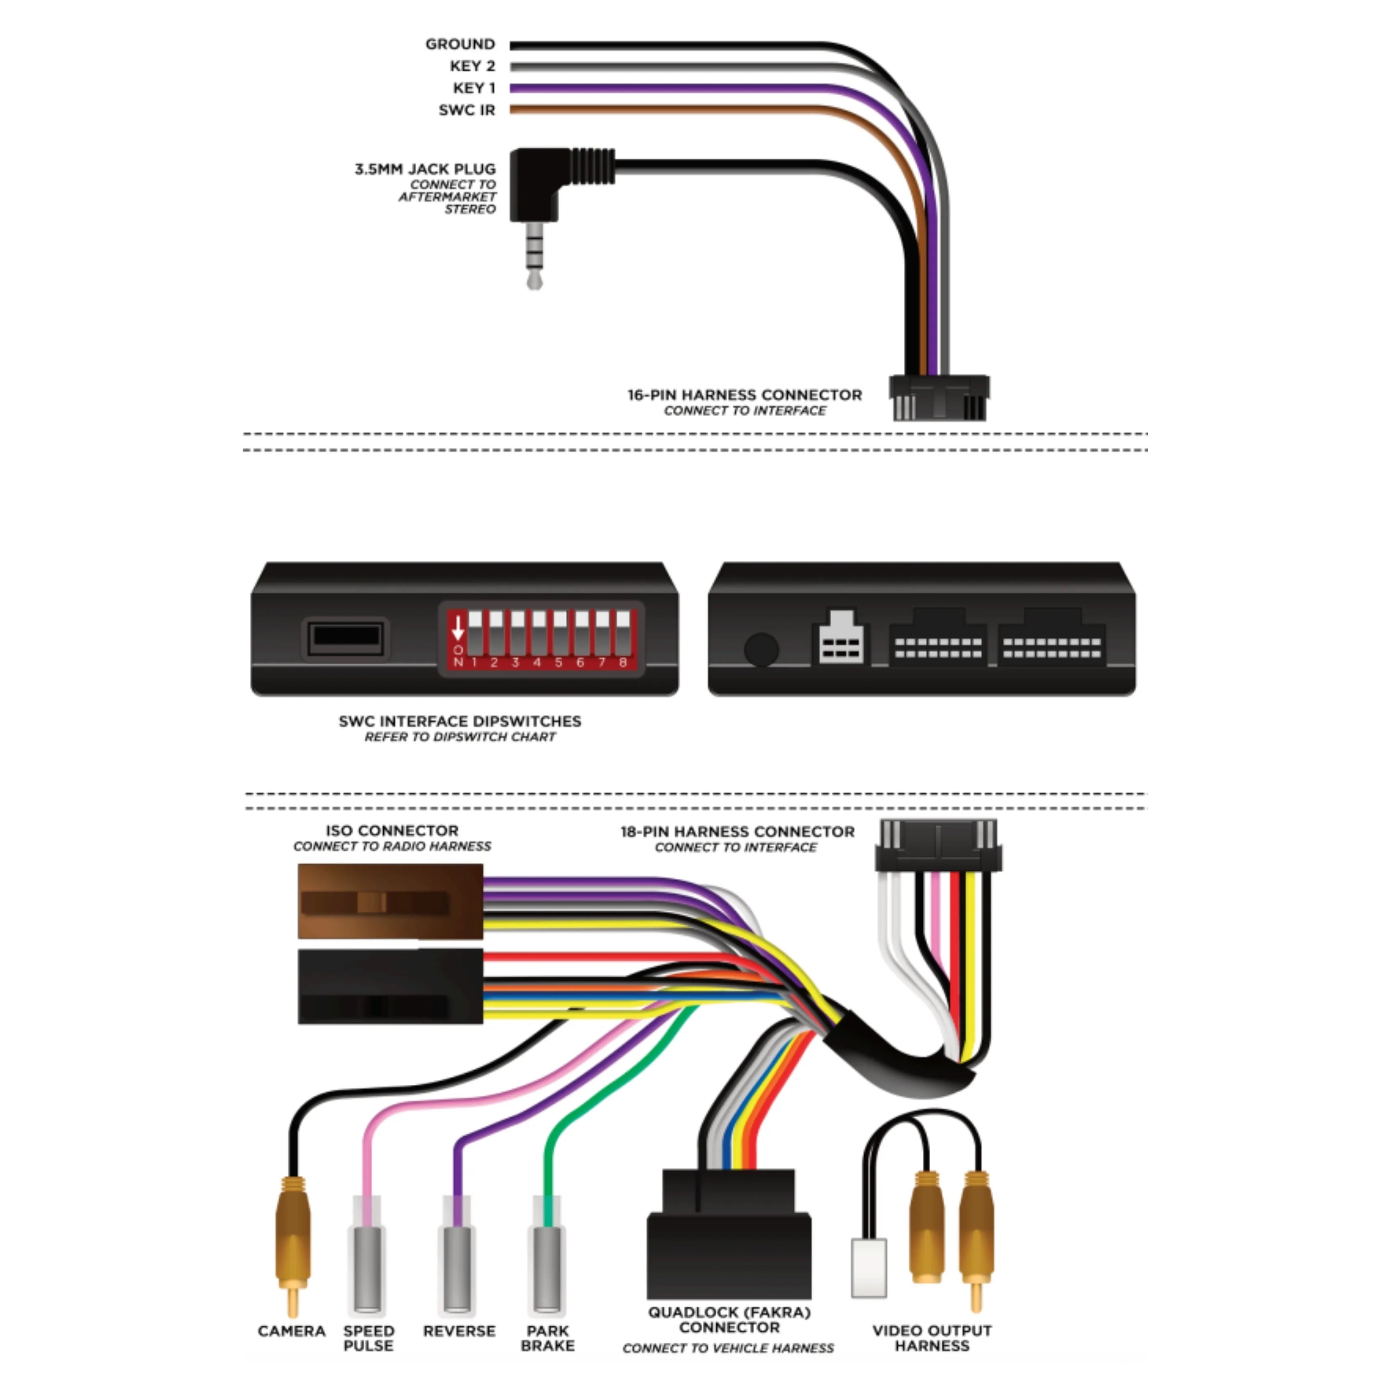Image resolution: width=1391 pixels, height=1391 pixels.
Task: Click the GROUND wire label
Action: (460, 45)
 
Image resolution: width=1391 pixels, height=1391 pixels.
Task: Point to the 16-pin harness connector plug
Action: (939, 397)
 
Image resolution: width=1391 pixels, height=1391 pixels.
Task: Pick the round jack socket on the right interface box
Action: (761, 649)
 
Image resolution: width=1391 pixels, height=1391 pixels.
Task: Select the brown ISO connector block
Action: (390, 901)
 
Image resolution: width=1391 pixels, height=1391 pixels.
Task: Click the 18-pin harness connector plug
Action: (938, 846)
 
